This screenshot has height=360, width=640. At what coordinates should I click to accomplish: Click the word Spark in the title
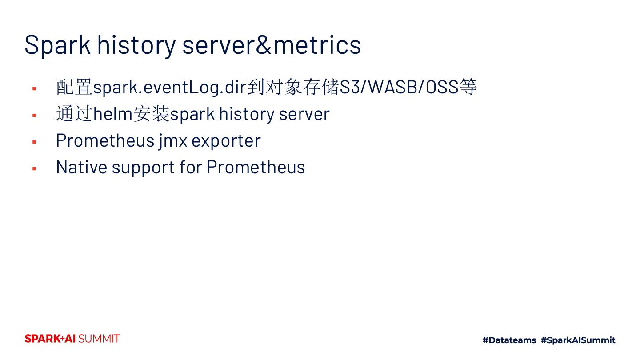pos(58,45)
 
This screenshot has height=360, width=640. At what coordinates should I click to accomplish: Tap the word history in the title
pos(136,45)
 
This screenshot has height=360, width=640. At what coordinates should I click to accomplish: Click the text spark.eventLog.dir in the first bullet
pos(170,88)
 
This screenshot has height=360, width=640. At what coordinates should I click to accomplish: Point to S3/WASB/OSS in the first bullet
pos(399,87)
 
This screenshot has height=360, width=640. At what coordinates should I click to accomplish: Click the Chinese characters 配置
pos(74,87)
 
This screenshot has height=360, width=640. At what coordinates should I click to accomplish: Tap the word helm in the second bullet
pos(113,114)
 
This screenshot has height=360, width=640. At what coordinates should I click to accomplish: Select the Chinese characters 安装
pos(152,114)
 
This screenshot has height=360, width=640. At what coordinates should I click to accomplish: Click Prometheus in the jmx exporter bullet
pos(105,140)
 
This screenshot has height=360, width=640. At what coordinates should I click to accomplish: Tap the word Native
pos(82,167)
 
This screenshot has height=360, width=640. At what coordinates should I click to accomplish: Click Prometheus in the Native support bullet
pos(256,167)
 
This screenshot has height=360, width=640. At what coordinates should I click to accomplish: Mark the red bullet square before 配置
pos(34,89)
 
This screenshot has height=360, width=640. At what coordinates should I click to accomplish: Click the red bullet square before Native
pos(34,169)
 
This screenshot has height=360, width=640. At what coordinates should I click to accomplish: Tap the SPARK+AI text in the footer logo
pos(50,339)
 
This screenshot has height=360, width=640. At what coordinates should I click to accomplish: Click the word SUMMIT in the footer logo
pos(99,339)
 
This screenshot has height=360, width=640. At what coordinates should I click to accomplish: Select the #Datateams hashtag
pos(509,340)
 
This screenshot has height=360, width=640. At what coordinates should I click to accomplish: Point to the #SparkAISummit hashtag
pos(578,340)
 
